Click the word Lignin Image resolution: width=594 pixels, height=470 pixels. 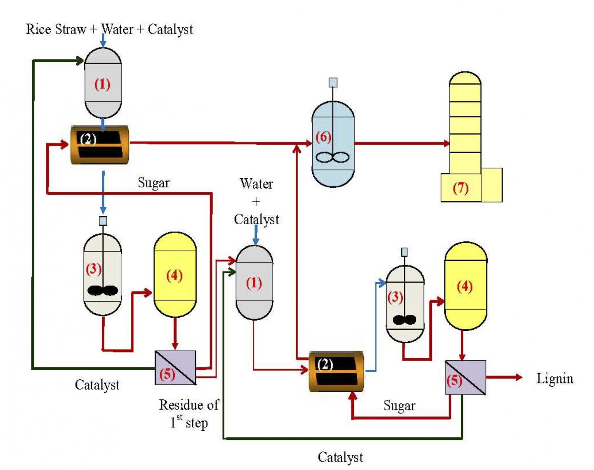[x=554, y=378]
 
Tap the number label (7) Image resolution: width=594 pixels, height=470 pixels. [x=460, y=188]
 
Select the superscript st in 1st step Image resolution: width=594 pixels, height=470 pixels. [x=179, y=418]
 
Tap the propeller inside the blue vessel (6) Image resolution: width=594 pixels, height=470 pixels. [x=332, y=157]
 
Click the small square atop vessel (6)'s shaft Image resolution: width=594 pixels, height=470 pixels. [x=333, y=83]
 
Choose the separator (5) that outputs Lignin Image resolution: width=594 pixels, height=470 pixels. [x=466, y=378]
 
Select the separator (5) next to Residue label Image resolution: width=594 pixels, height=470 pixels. [x=175, y=368]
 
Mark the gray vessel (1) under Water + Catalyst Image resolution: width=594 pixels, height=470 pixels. [x=254, y=283]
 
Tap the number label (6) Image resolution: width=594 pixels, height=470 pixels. [x=323, y=137]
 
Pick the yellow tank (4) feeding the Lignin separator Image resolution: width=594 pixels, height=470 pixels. [x=465, y=286]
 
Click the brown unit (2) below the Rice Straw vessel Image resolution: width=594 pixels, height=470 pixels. [x=99, y=145]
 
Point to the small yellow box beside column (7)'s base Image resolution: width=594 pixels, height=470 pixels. [x=492, y=185]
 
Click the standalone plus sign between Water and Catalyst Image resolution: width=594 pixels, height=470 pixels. [x=256, y=201]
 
